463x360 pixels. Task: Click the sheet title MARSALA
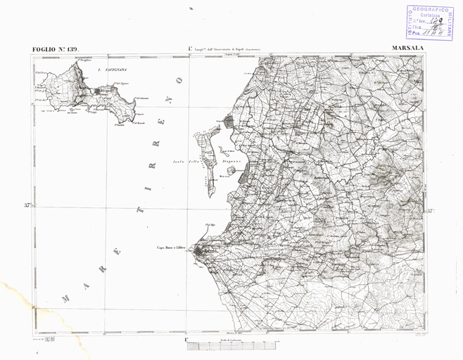tap(404, 49)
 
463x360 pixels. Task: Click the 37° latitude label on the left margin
tap(27, 206)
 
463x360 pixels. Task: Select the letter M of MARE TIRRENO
tap(65, 297)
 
